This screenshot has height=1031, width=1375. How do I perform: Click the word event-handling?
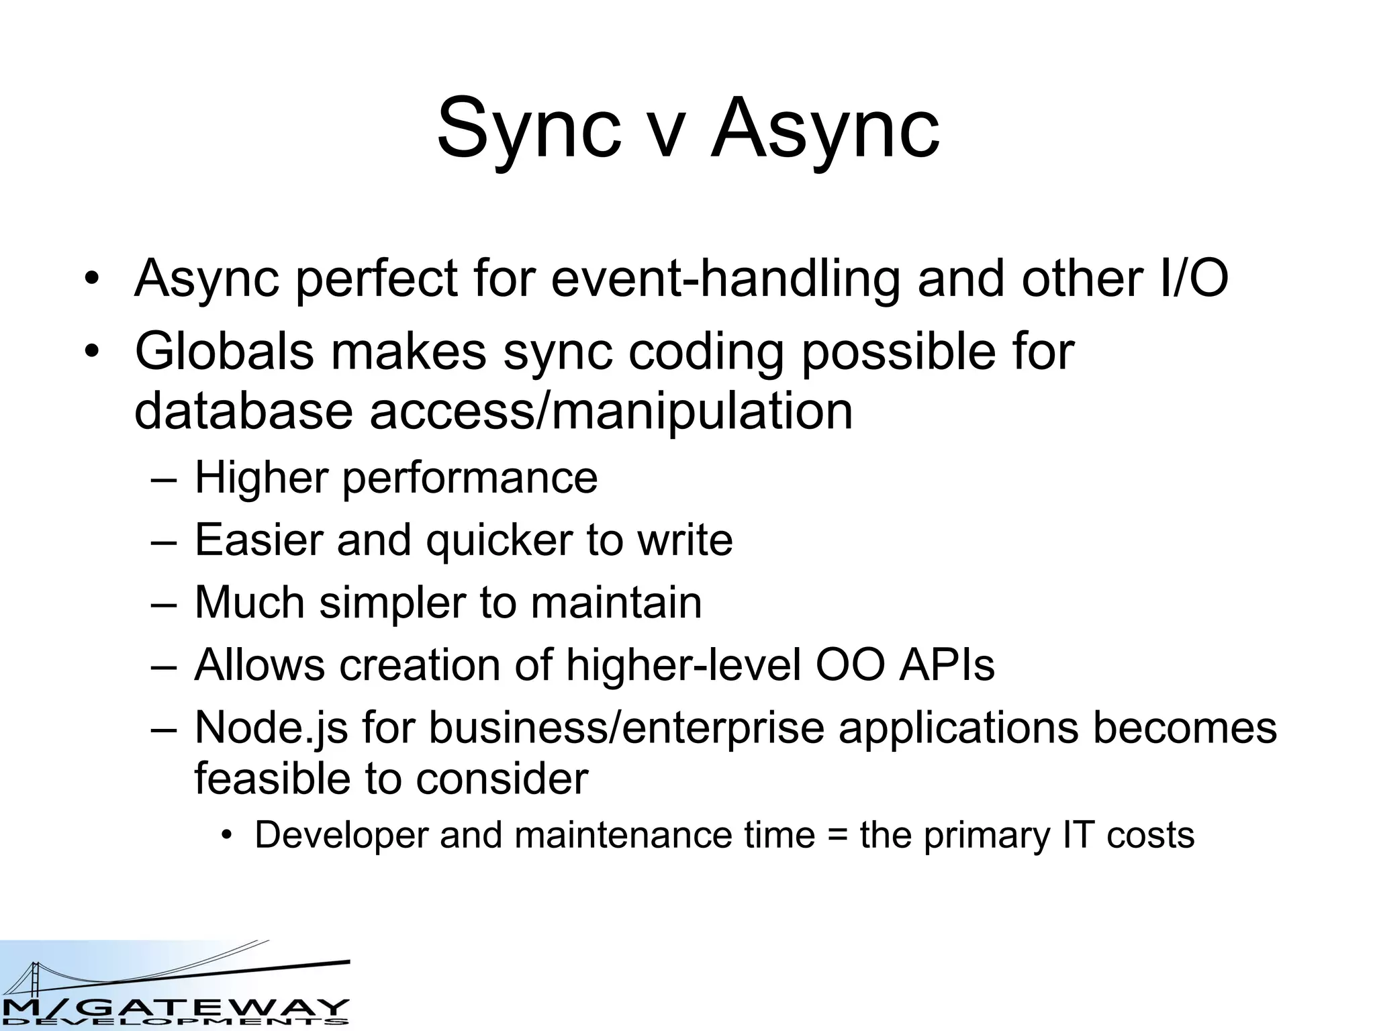pyautogui.click(x=726, y=279)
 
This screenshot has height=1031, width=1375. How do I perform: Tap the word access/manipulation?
pyautogui.click(x=611, y=411)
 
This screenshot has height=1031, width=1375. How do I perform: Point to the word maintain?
pyautogui.click(x=616, y=602)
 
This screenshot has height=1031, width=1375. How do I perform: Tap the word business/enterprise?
pyautogui.click(x=626, y=728)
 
